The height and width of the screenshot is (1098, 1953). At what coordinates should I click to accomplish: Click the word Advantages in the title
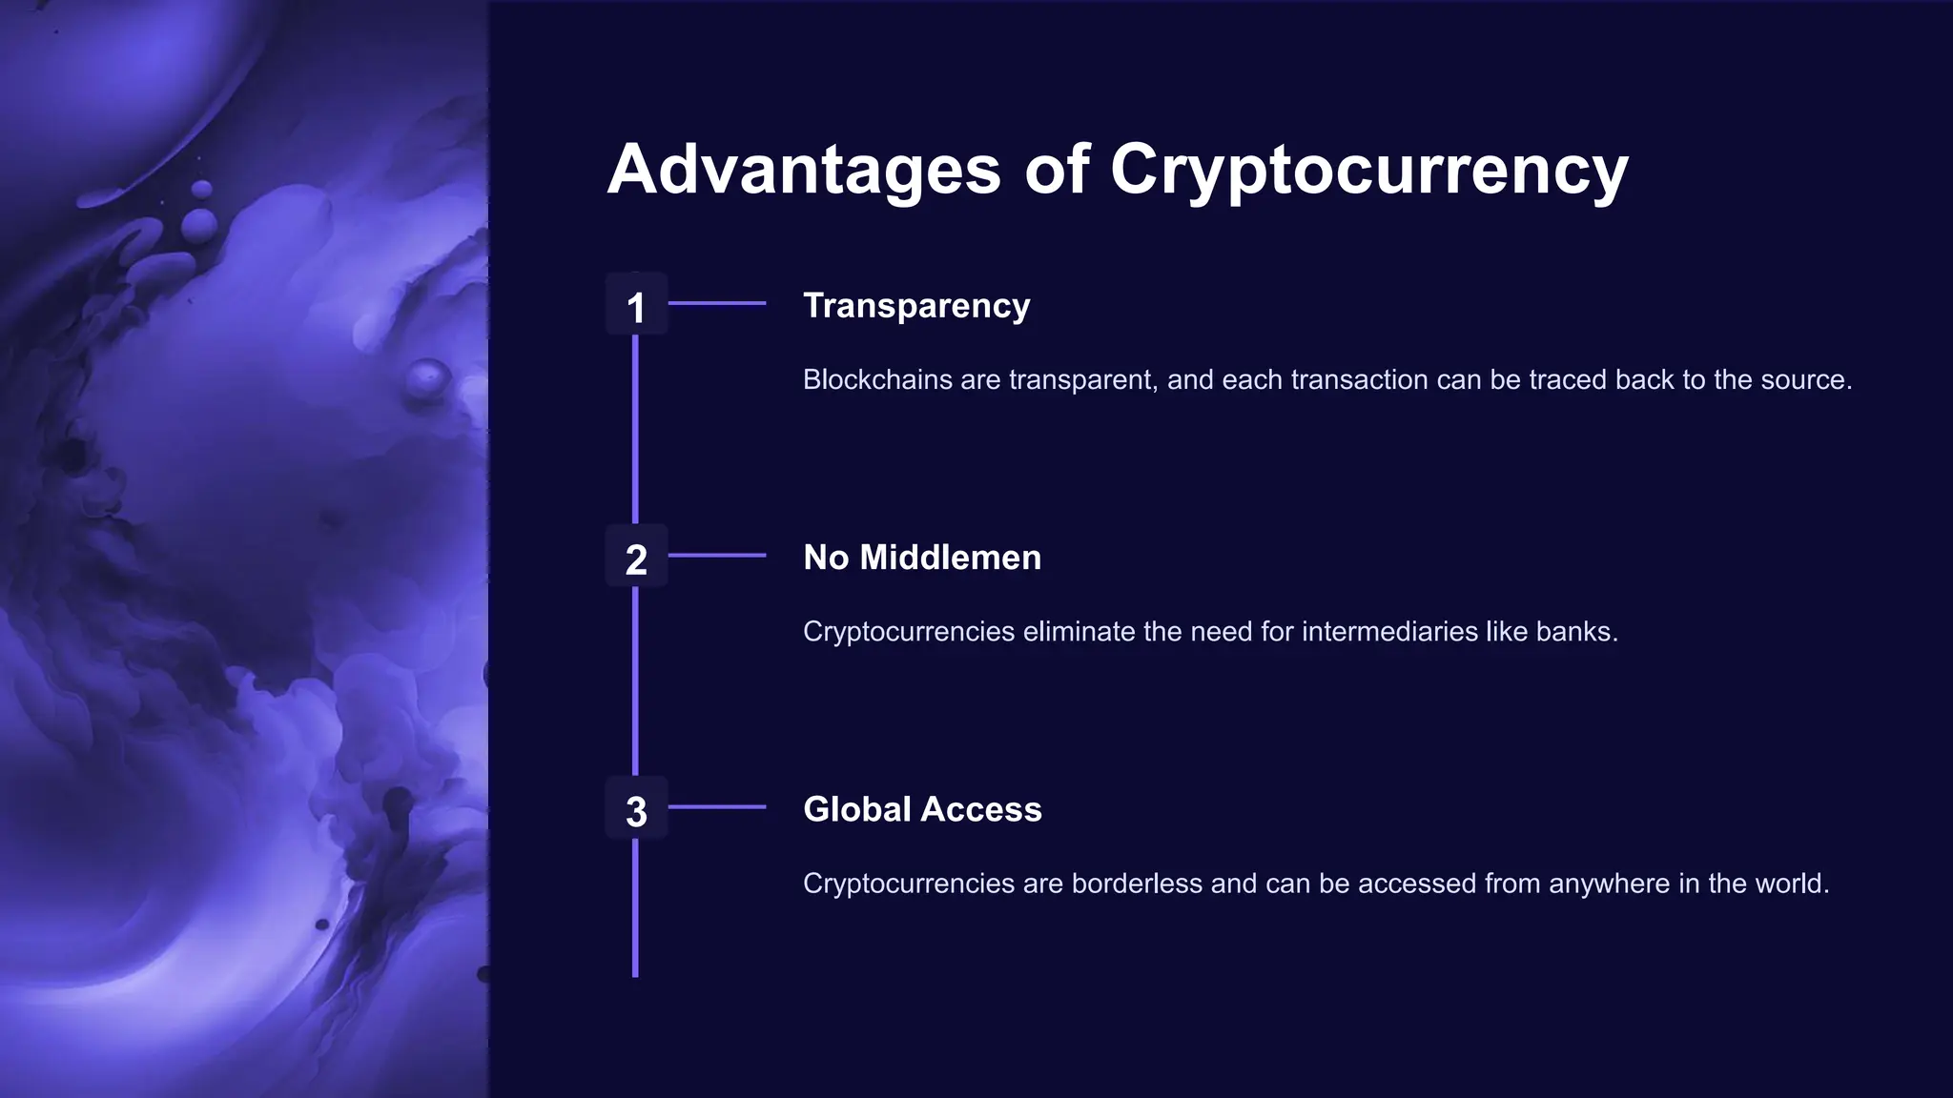[x=804, y=170]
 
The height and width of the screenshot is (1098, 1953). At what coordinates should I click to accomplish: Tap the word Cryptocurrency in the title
[x=1368, y=170]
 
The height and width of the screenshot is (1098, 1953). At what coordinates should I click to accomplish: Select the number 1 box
[x=636, y=306]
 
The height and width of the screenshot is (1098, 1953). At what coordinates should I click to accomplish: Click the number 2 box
[x=636, y=558]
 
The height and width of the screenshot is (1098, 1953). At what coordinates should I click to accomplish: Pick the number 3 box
[x=636, y=810]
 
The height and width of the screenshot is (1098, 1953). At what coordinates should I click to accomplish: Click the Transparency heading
[x=916, y=306]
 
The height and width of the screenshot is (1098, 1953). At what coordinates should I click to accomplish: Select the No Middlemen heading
[x=922, y=558]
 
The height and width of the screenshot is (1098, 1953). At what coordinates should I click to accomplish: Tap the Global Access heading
[x=922, y=809]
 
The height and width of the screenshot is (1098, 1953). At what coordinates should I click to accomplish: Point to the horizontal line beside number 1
[x=717, y=303]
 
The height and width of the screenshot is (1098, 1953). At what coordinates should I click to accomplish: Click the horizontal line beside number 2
[x=717, y=555]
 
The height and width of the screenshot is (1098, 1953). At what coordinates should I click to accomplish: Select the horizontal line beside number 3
[x=717, y=807]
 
